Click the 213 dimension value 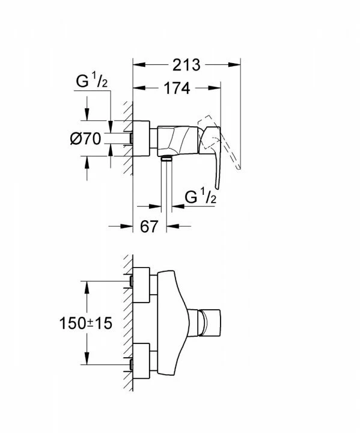186,65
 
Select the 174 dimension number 177,88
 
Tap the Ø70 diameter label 85,138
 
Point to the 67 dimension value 149,227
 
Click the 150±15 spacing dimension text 86,323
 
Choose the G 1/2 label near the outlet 200,196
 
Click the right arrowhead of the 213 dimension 234,64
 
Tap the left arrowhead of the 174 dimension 139,88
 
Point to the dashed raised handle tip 238,167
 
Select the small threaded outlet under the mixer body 166,158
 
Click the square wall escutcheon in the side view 141,138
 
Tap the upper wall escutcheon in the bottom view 141,284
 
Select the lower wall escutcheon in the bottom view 141,361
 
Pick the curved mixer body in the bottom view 172,323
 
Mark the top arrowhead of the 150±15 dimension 87,287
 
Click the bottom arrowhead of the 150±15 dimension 87,358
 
